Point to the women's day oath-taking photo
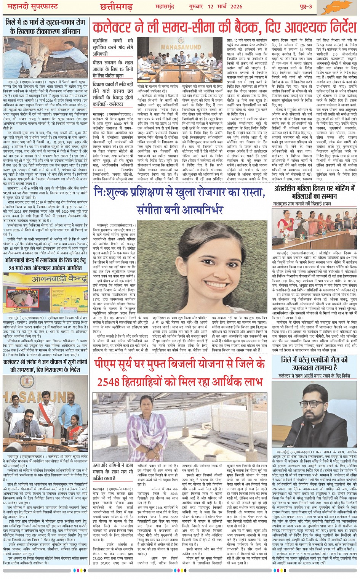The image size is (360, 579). (x=315, y=228)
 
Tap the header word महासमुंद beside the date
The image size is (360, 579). (x=165, y=6)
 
